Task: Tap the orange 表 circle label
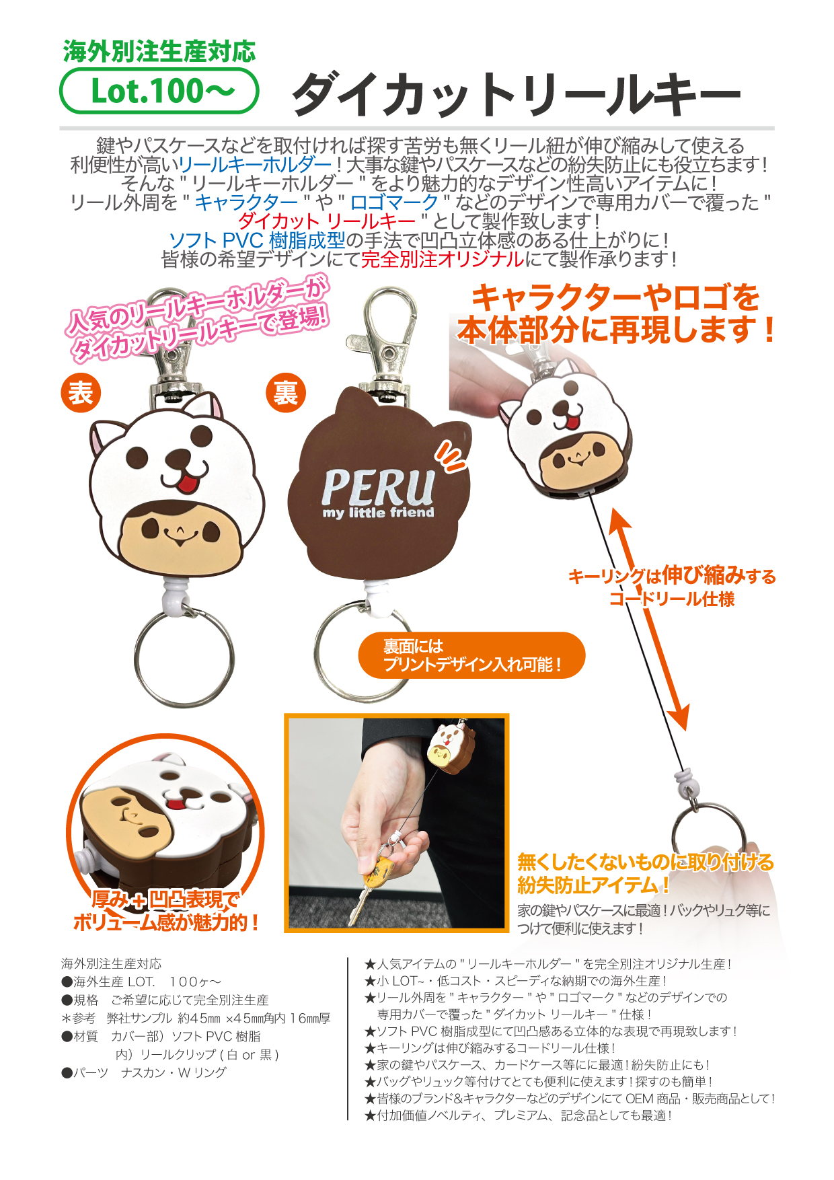(x=81, y=393)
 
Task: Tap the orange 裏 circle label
(x=286, y=393)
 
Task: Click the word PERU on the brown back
(x=378, y=487)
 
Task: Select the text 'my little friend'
(x=378, y=513)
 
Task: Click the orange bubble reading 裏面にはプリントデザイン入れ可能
(x=471, y=655)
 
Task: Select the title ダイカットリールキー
(x=516, y=94)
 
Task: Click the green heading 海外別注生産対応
(x=159, y=51)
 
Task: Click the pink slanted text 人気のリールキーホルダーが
(x=195, y=307)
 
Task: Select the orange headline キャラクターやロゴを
(x=615, y=297)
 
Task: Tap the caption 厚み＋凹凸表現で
(x=165, y=899)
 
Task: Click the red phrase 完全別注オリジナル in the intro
(x=442, y=259)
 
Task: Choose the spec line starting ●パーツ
(x=144, y=1072)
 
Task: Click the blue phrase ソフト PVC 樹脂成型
(x=256, y=240)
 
